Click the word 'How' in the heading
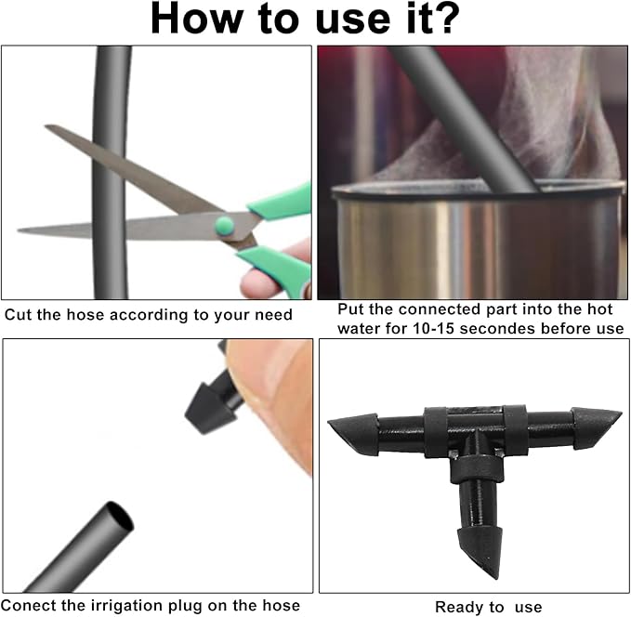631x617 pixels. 196,19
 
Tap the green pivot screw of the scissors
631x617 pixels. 224,225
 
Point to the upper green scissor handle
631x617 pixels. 282,202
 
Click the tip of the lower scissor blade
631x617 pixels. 18,230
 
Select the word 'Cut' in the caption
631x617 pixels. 19,315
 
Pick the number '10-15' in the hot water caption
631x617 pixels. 433,329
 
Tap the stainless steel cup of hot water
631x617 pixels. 477,242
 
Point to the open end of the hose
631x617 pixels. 120,516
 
